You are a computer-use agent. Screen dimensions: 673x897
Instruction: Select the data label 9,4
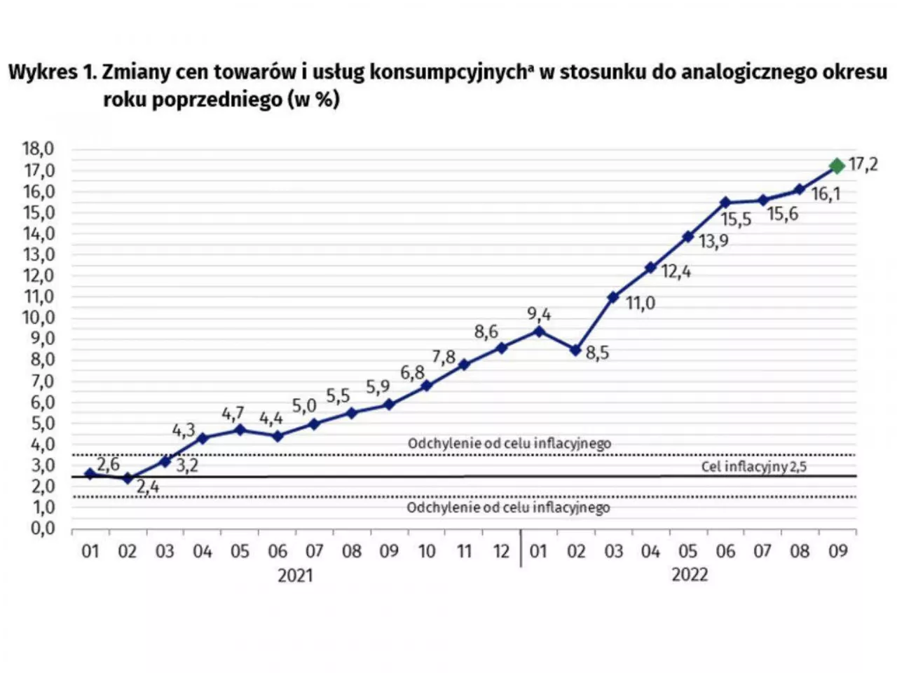[x=539, y=314]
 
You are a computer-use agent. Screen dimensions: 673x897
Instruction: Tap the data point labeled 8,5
[x=576, y=350]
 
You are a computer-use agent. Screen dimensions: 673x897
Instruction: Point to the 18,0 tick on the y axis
[x=39, y=149]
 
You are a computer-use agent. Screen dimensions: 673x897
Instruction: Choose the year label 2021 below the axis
[x=295, y=576]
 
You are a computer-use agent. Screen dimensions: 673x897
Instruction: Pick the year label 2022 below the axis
[x=690, y=576]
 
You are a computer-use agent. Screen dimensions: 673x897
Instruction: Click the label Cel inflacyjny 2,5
[x=753, y=467]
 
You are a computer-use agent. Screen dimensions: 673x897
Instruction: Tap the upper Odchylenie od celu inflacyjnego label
[x=509, y=444]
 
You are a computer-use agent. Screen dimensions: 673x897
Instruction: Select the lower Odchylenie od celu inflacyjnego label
[x=508, y=508]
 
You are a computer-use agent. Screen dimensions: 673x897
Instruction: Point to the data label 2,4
[x=148, y=487]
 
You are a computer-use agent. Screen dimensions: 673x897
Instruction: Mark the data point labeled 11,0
[x=613, y=297]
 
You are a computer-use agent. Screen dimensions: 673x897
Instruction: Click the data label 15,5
[x=736, y=219]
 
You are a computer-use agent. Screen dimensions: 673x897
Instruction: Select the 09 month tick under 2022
[x=837, y=551]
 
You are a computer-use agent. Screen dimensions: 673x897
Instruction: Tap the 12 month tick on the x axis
[x=501, y=551]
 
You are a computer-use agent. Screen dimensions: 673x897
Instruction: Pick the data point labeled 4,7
[x=240, y=430]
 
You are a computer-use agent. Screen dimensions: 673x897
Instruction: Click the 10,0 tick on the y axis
[x=39, y=318]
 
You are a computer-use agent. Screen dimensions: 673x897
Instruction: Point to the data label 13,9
[x=713, y=241]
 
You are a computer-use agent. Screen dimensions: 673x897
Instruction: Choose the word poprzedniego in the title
[x=220, y=100]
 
